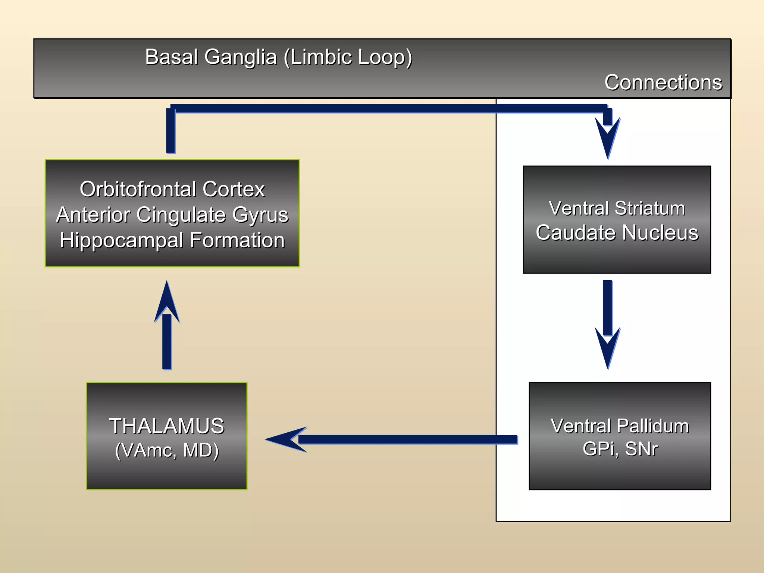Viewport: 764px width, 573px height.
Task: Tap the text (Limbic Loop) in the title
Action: pos(348,57)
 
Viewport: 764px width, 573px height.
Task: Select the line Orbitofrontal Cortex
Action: pos(172,189)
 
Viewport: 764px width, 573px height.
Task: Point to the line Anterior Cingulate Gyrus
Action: pos(172,215)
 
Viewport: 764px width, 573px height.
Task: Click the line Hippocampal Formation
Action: pos(172,240)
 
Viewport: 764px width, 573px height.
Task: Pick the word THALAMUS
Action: pos(166,426)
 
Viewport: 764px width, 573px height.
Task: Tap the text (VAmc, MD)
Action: pos(166,450)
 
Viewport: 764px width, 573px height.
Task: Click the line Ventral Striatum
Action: pos(617,208)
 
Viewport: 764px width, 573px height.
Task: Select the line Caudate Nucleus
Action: pos(617,233)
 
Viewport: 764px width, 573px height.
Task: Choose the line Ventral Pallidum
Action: pos(620,426)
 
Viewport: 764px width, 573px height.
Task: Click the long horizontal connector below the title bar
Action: pos(388,109)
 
